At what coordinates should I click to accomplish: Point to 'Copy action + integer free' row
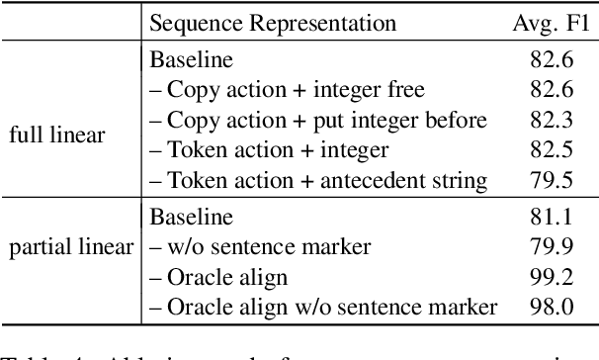(287, 90)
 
